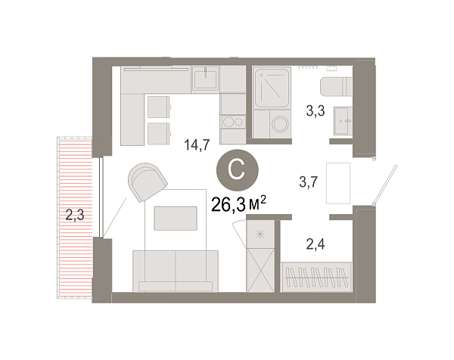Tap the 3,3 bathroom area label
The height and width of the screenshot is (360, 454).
[316, 111]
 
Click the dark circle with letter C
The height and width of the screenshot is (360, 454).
[235, 169]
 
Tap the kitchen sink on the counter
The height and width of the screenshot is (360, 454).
[206, 79]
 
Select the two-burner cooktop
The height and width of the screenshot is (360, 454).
[233, 123]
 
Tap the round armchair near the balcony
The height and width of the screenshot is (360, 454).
[148, 183]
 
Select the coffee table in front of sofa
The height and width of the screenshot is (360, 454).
[176, 219]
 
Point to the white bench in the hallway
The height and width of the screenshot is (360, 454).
[337, 182]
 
